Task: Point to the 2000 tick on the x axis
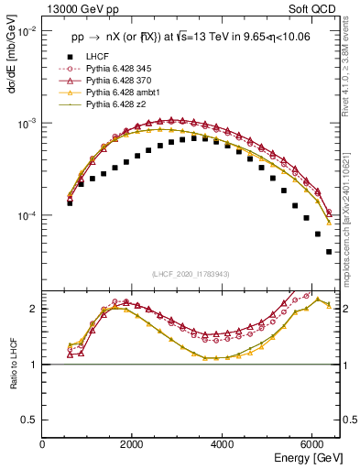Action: pos(133,444)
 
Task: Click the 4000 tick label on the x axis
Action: pos(223,444)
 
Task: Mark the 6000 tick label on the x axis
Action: pos(312,444)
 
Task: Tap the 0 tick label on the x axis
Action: pos(43,444)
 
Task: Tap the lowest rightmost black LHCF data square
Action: pos(329,252)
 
